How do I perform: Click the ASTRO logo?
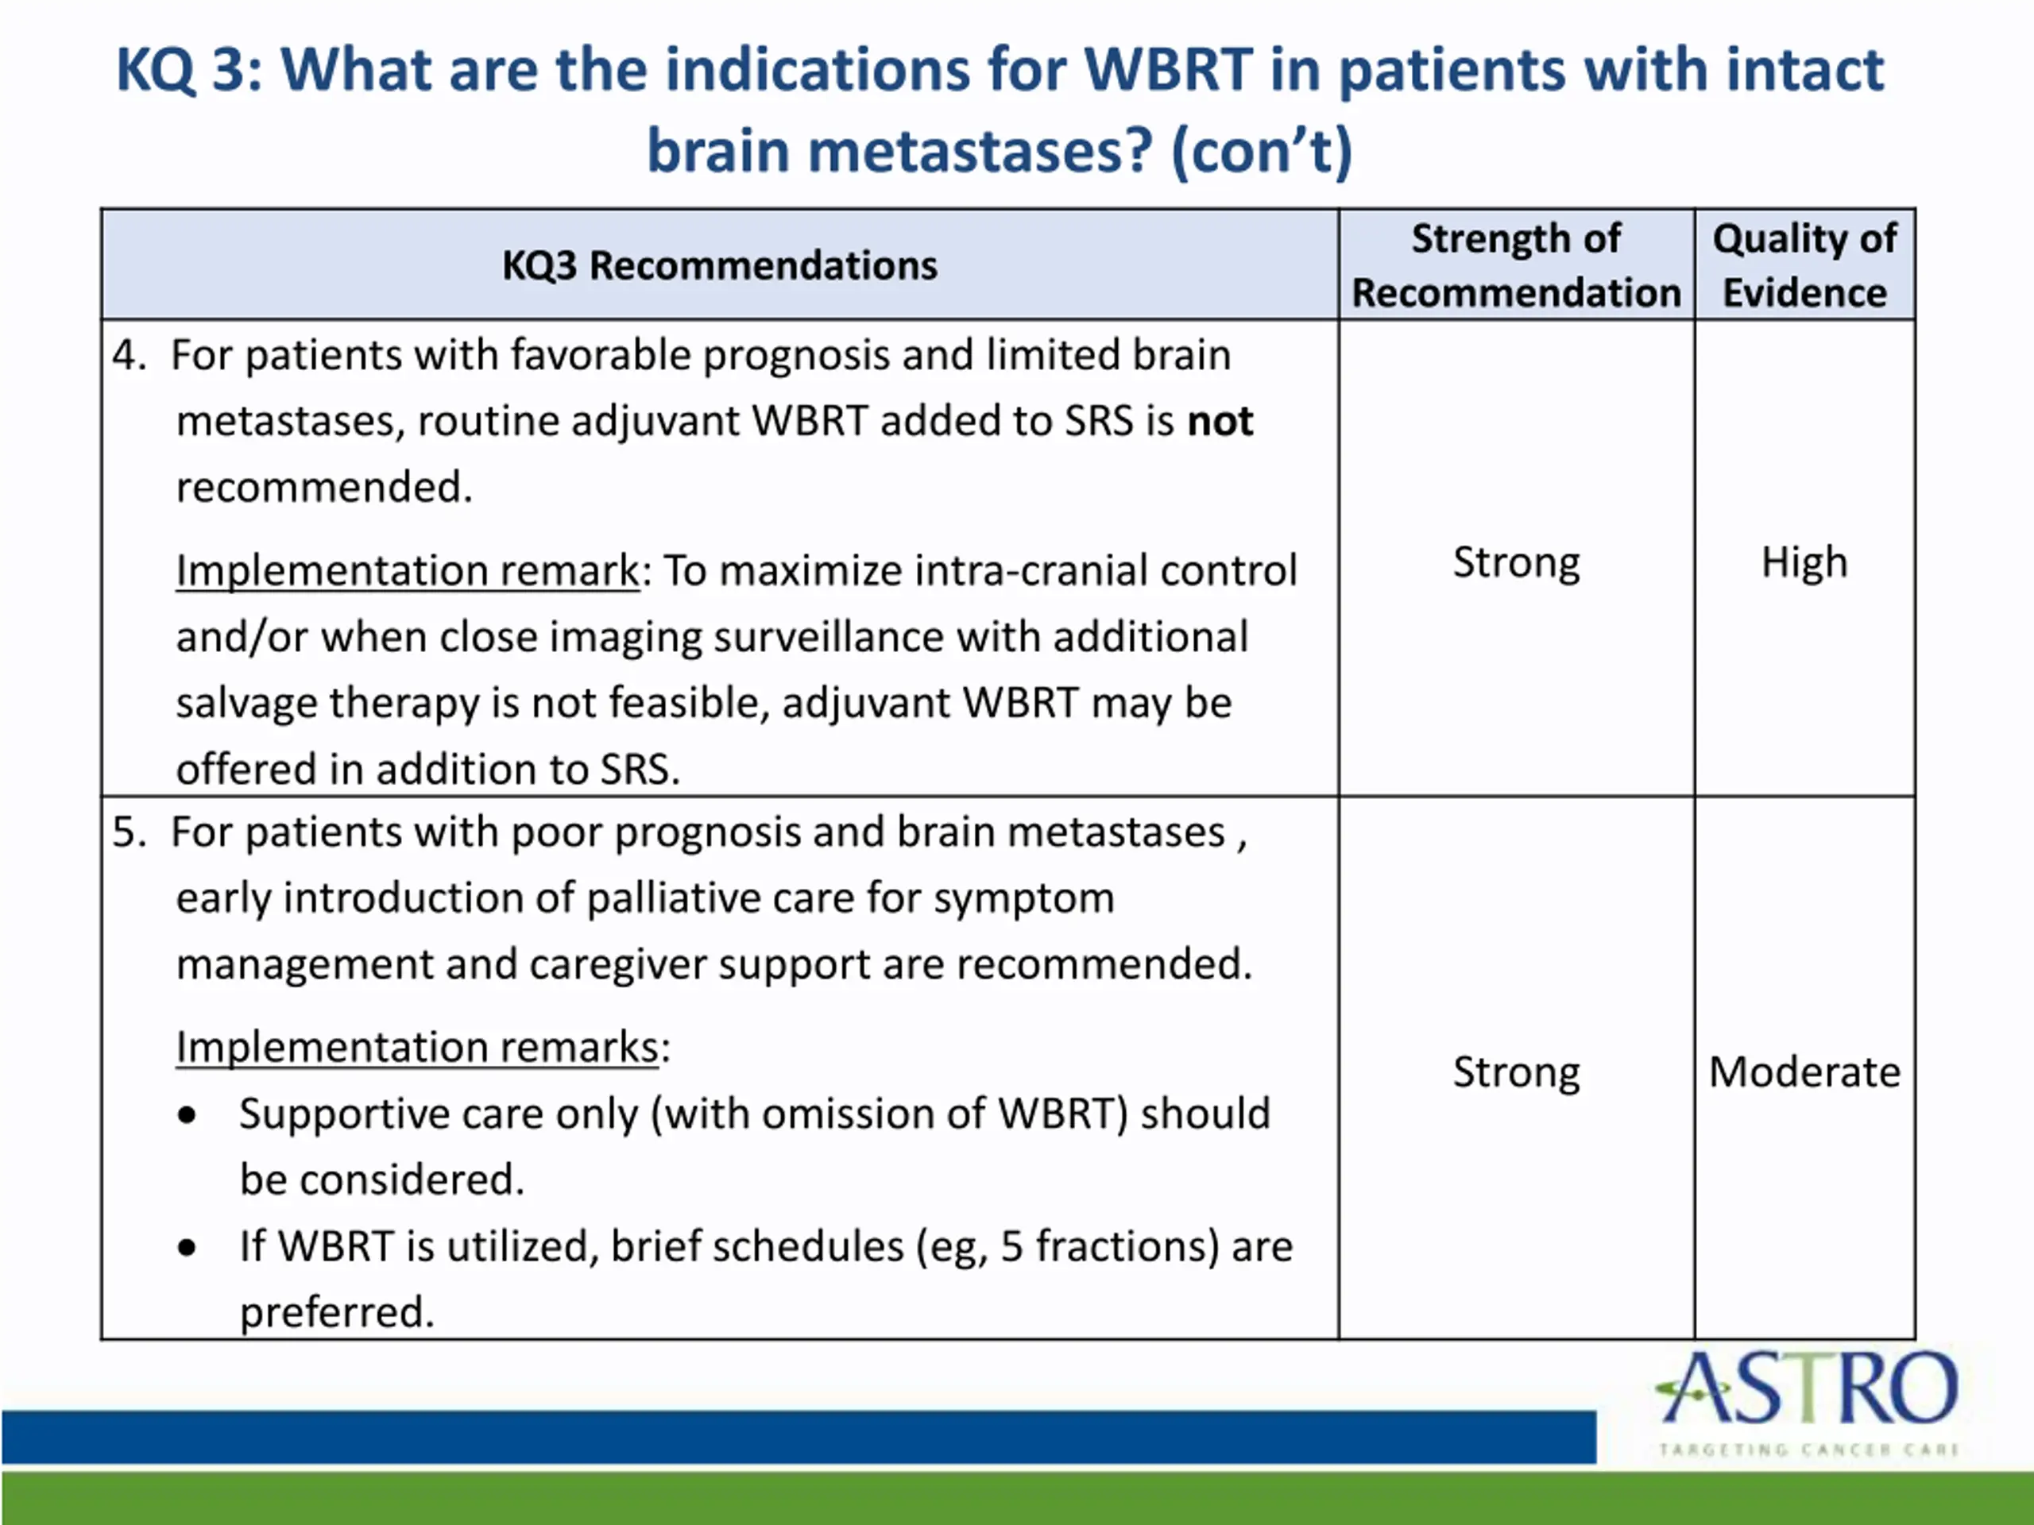coord(1808,1401)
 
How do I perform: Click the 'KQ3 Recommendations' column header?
coord(719,265)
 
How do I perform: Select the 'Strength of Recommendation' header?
coord(1516,265)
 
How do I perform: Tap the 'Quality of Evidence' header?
coord(1804,265)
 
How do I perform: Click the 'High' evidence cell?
coord(1804,562)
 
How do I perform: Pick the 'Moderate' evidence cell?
coord(1804,1071)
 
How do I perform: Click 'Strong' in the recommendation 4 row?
coord(1516,562)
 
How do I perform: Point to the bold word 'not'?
coord(1220,421)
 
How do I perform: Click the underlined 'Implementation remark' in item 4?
coord(408,570)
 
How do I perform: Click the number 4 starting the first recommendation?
coord(129,355)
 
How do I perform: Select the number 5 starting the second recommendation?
coord(129,832)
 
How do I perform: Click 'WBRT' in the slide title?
coord(1168,70)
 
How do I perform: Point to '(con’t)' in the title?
coord(1262,151)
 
